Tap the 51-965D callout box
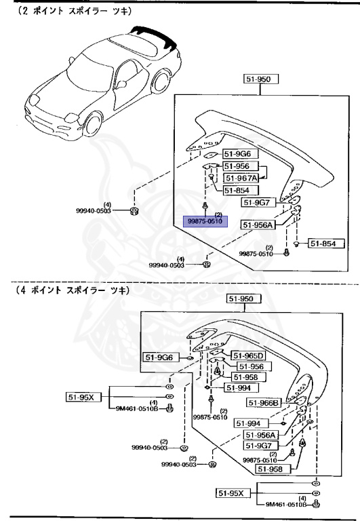249,355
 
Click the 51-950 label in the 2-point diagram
258,79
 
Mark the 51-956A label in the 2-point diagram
258,225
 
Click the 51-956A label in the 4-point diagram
261,435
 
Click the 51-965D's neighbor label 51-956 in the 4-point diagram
247,366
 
